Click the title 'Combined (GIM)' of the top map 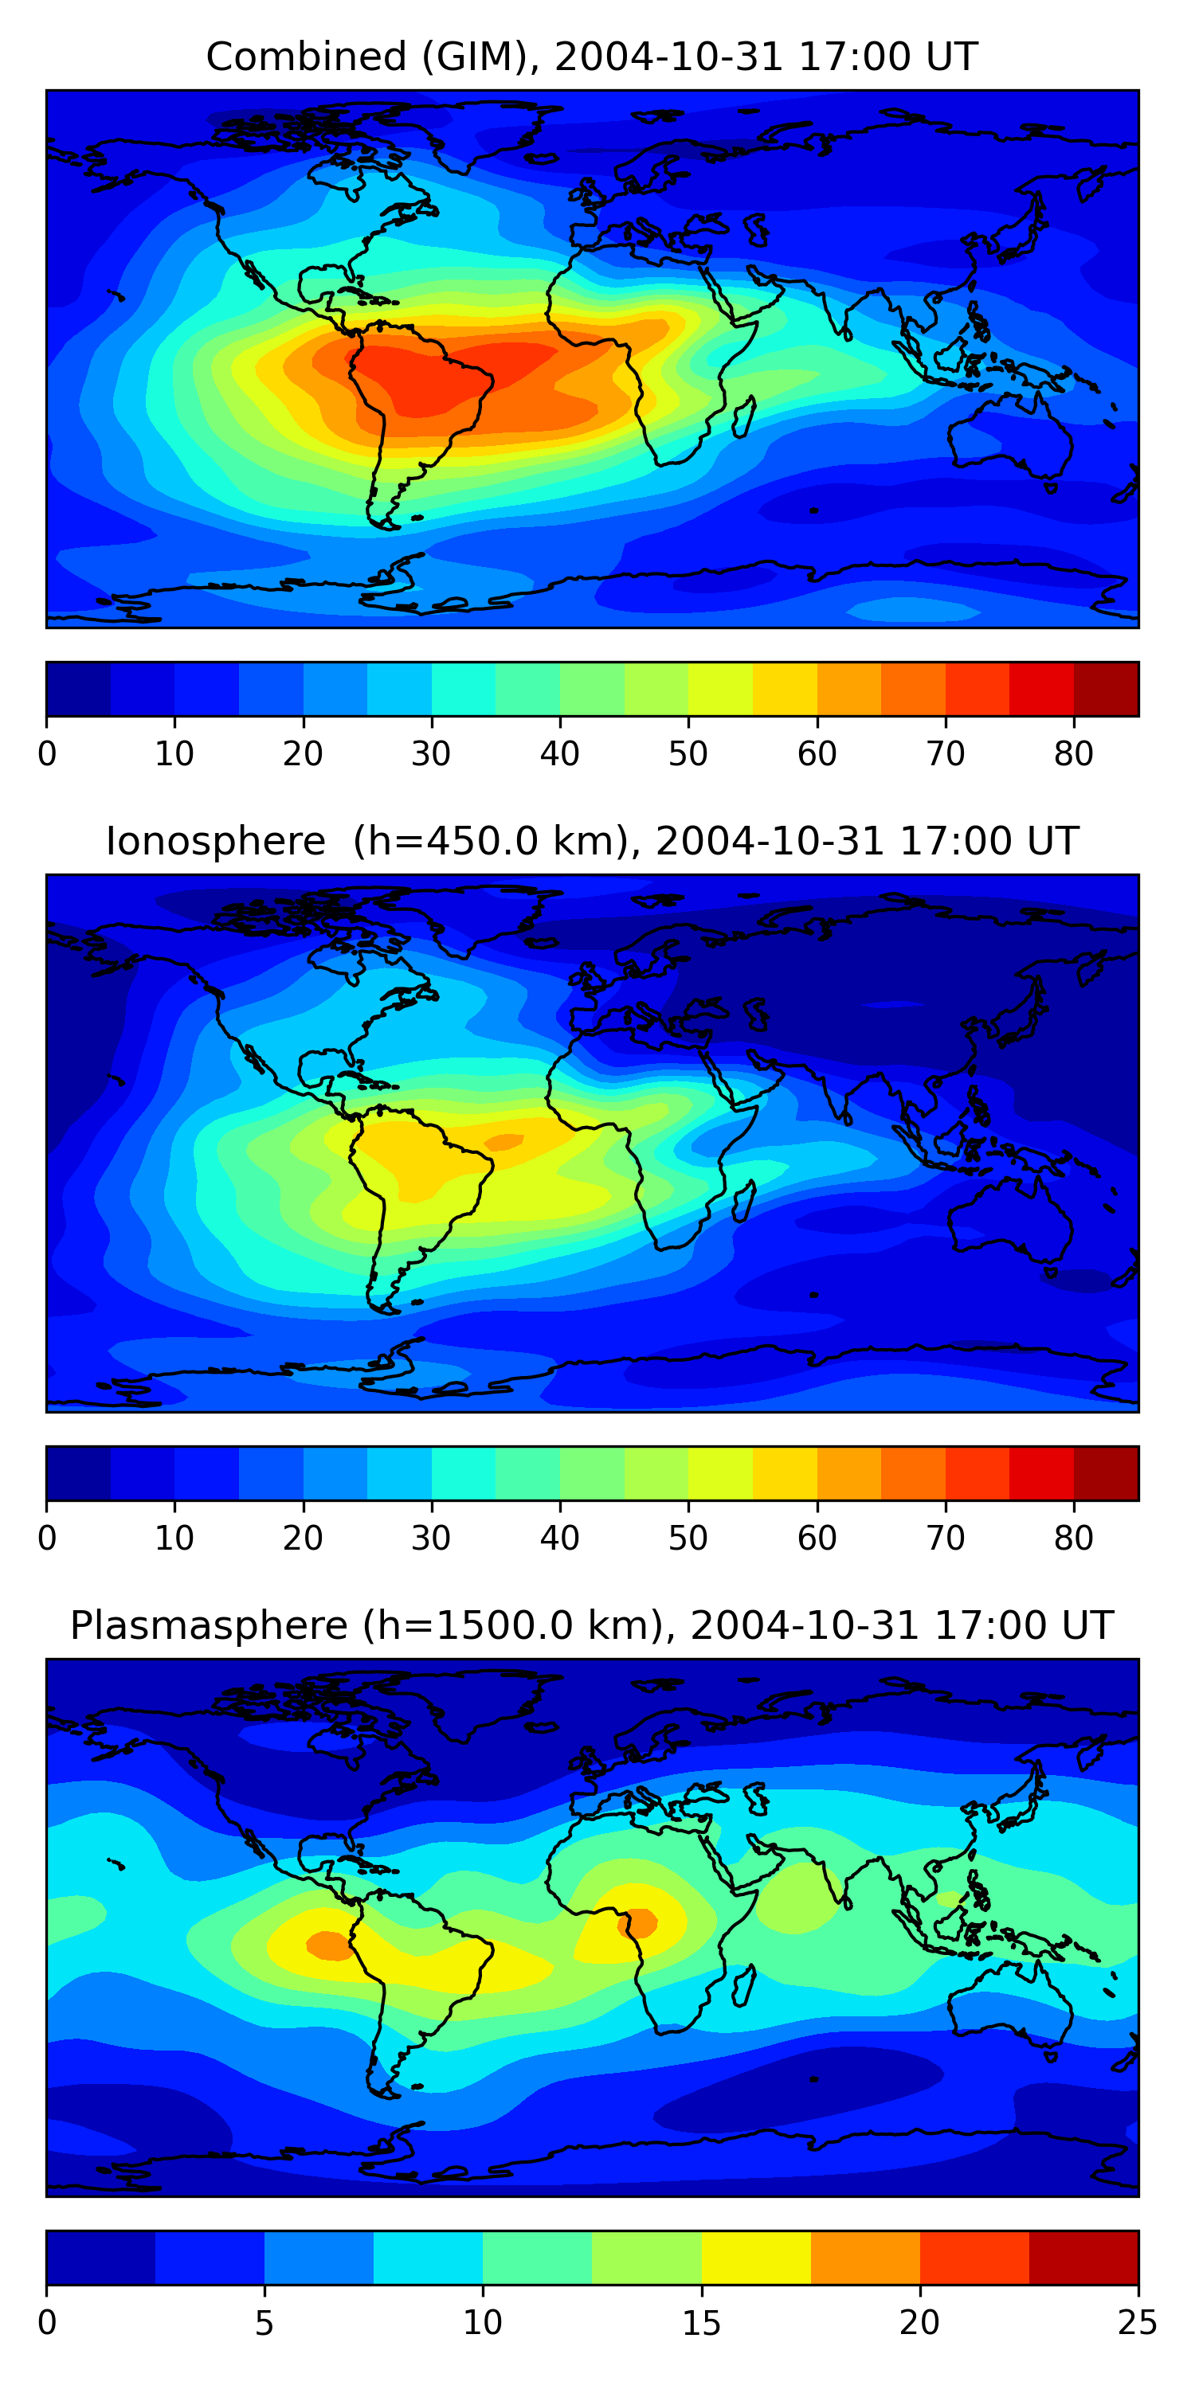click(x=360, y=57)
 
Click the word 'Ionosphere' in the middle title click(x=215, y=842)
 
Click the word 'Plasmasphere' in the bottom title click(x=209, y=1626)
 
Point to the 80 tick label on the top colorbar click(x=1073, y=754)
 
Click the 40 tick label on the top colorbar click(x=559, y=754)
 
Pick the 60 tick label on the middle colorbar click(x=817, y=1538)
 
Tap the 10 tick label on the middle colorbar click(x=174, y=1538)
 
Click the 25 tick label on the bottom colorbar click(x=1138, y=2322)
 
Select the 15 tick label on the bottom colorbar click(x=701, y=2322)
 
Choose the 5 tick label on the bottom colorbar click(x=264, y=2322)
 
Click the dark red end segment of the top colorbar click(x=1106, y=689)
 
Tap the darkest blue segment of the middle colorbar click(x=78, y=1472)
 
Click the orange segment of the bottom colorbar click(x=864, y=2258)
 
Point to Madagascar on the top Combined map click(x=744, y=417)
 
